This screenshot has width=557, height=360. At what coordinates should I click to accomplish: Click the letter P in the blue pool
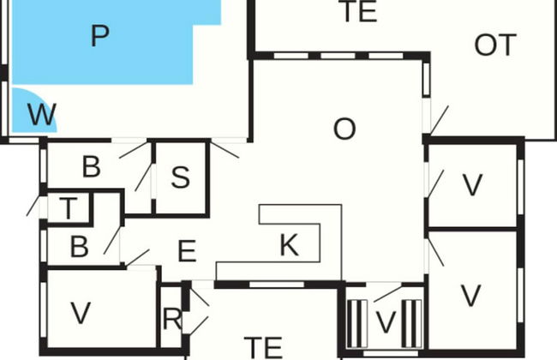click(99, 35)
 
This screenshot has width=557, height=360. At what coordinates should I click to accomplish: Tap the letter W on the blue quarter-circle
click(42, 115)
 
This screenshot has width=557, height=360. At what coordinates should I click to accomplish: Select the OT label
click(495, 45)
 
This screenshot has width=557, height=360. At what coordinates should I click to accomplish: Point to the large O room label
click(344, 129)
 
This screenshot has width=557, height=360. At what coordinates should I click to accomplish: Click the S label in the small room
click(181, 177)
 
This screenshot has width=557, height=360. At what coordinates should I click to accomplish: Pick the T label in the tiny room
click(69, 208)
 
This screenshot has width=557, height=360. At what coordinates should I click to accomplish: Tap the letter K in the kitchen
click(289, 245)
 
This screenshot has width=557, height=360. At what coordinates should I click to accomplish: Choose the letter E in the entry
click(187, 251)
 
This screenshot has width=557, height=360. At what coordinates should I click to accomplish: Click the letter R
click(172, 319)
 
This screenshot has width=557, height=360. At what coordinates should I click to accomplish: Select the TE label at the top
click(358, 11)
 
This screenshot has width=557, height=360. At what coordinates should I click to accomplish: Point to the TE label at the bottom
click(263, 347)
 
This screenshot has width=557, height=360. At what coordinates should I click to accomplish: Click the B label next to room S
click(92, 166)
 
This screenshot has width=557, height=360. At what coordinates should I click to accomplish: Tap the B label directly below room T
click(79, 247)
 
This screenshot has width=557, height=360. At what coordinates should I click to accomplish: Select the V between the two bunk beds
click(386, 322)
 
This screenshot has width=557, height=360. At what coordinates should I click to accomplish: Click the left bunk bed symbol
click(356, 324)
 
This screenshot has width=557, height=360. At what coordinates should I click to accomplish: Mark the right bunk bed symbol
click(411, 324)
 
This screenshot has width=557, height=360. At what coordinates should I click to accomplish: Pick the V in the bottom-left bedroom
click(81, 313)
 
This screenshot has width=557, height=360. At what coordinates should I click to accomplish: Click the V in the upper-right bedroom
click(472, 185)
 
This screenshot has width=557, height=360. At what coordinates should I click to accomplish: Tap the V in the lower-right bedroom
click(470, 296)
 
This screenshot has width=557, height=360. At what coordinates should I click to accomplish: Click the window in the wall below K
click(277, 285)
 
